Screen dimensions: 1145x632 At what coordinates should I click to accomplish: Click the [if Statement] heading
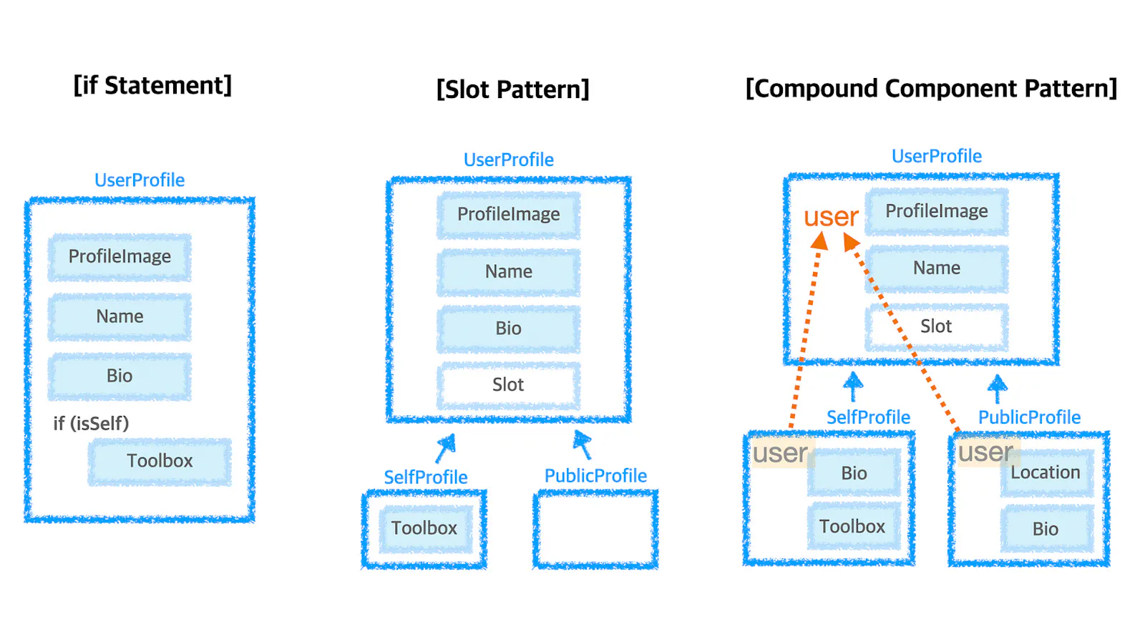click(152, 86)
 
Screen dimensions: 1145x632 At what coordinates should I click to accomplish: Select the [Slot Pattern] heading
click(512, 90)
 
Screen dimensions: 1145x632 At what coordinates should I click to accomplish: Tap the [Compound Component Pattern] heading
click(930, 89)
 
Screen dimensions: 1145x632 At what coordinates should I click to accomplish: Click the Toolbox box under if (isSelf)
click(160, 462)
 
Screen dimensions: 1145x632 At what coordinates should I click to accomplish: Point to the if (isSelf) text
click(91, 424)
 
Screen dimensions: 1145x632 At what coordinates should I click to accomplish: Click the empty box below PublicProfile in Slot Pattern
click(595, 529)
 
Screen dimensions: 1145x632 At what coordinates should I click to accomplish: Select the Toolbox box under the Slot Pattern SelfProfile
click(424, 529)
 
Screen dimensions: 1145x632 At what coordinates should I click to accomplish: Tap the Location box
click(1046, 473)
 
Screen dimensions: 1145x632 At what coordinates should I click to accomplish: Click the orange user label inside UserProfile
click(830, 216)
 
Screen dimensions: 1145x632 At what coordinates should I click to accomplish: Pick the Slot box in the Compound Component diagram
click(936, 327)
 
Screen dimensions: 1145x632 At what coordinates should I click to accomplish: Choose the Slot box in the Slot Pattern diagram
click(508, 385)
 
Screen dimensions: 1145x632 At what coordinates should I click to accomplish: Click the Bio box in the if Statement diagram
click(120, 376)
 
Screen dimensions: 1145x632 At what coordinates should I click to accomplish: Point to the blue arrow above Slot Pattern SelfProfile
click(445, 448)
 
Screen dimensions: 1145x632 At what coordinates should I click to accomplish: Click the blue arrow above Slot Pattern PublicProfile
click(583, 444)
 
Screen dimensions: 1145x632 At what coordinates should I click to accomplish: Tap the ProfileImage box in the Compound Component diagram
click(936, 211)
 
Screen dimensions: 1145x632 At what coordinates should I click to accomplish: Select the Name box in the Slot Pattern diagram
click(508, 272)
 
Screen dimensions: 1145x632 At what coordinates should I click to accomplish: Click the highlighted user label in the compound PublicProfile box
click(985, 452)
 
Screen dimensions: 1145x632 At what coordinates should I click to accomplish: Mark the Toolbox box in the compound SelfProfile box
click(852, 528)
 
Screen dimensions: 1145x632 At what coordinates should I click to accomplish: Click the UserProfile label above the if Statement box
click(140, 180)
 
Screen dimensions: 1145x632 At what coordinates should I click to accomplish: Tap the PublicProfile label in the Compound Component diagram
click(1029, 417)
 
